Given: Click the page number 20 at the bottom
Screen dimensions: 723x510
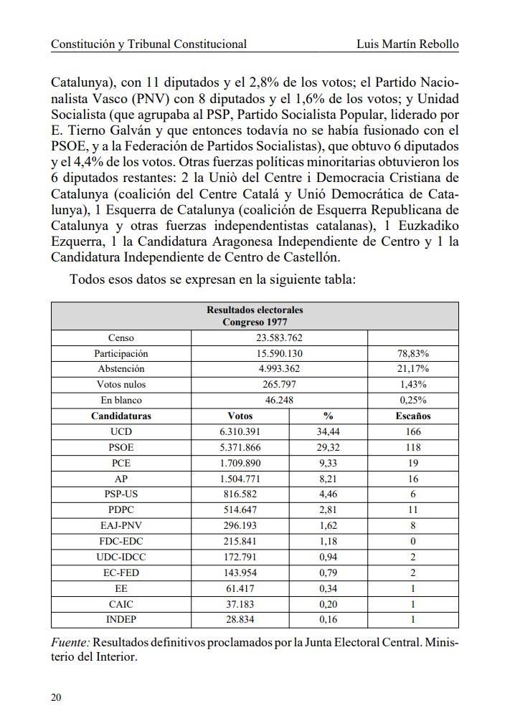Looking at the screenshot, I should pyautogui.click(x=56, y=697).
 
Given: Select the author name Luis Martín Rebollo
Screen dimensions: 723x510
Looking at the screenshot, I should pyautogui.click(x=407, y=44).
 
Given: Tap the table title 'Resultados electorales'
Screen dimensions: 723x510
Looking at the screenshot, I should pyautogui.click(x=255, y=310).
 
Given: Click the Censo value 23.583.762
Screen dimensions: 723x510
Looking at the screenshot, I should pyautogui.click(x=279, y=337).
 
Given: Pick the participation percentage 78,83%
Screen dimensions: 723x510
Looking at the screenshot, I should pyautogui.click(x=412, y=353).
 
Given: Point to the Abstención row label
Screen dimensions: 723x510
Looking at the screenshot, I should pyautogui.click(x=121, y=368).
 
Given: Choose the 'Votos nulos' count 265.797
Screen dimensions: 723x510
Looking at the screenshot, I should pyautogui.click(x=279, y=384).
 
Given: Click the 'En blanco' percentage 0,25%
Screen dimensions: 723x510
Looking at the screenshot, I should pyautogui.click(x=412, y=400).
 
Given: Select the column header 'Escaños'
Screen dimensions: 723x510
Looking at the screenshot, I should pyautogui.click(x=412, y=416).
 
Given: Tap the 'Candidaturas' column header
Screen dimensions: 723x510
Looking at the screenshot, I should pyautogui.click(x=121, y=416).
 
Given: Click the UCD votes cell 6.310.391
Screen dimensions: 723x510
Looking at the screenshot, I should pyautogui.click(x=240, y=431).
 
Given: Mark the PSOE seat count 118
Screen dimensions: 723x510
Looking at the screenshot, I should pyautogui.click(x=412, y=447).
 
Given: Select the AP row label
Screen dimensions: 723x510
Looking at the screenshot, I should pyautogui.click(x=121, y=479).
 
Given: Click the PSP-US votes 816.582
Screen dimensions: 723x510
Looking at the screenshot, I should pyautogui.click(x=240, y=494).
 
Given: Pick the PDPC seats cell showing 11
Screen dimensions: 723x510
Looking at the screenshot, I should pyautogui.click(x=412, y=509).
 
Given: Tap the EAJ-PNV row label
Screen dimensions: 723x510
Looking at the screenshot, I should pyautogui.click(x=121, y=525).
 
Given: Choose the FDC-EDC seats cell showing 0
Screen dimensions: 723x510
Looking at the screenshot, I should pyautogui.click(x=412, y=541).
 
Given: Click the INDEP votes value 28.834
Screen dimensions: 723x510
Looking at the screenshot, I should pyautogui.click(x=240, y=619).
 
